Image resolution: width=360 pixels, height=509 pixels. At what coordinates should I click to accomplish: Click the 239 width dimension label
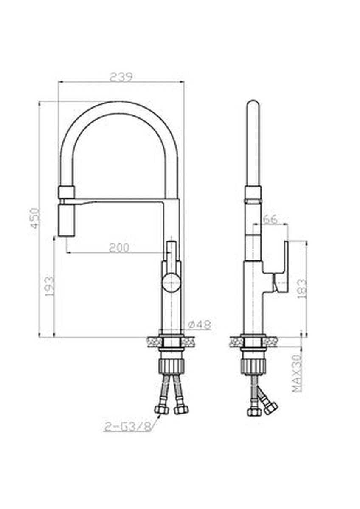pos(121,77)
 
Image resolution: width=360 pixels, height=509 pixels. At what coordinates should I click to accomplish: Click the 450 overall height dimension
pos(36,218)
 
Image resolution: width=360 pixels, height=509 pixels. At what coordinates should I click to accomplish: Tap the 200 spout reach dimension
pos(119,248)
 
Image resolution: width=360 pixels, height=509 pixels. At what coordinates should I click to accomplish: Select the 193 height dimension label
pos(50,286)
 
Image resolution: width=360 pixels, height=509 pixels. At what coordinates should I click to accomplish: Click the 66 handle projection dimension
pos(270,219)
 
